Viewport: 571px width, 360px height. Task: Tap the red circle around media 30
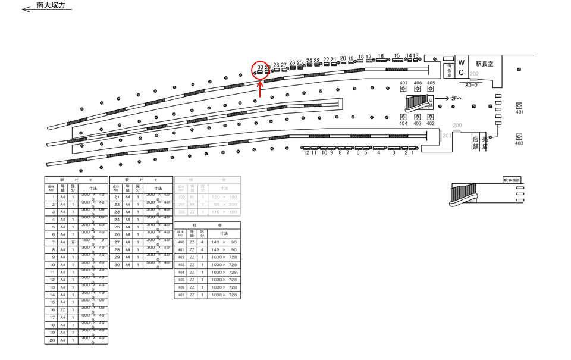coord(261,70)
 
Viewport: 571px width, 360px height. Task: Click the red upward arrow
coord(260,89)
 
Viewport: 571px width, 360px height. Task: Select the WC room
coord(461,67)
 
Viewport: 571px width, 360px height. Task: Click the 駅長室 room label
coord(484,63)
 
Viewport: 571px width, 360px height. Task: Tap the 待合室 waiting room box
coord(450,70)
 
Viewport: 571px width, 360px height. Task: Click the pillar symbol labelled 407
coord(404,89)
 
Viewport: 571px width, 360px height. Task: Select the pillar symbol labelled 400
coord(519,136)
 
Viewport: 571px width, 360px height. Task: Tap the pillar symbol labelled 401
coord(519,105)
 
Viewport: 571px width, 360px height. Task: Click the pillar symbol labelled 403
coord(417,117)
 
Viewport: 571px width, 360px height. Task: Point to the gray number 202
coord(474,75)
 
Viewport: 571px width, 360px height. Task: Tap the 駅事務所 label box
coord(512,179)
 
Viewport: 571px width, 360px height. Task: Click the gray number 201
coord(447,135)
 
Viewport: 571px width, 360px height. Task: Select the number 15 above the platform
coord(397,56)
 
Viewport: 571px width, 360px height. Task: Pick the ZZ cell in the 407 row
coord(192,295)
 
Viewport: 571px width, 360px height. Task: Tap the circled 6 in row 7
coord(73,242)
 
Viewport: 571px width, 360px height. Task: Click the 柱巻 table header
coord(208,226)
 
